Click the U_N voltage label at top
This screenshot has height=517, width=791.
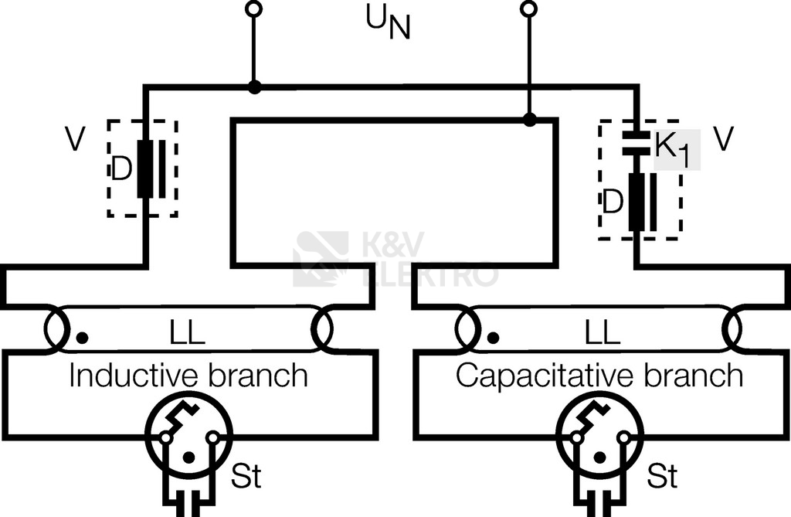(x=388, y=26)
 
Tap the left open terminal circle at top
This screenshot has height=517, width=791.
(x=253, y=9)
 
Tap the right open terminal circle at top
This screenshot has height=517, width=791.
(x=529, y=9)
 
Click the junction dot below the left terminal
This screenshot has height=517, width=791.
(x=253, y=87)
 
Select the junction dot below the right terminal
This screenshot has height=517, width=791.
(x=529, y=120)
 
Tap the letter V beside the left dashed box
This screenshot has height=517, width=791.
(x=75, y=140)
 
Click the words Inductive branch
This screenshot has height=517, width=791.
(x=188, y=376)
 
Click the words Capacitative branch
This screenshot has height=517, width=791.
(x=599, y=376)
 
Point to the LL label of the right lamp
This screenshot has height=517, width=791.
(x=601, y=335)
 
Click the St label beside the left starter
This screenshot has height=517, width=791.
(x=246, y=476)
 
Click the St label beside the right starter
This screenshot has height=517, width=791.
(x=662, y=476)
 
